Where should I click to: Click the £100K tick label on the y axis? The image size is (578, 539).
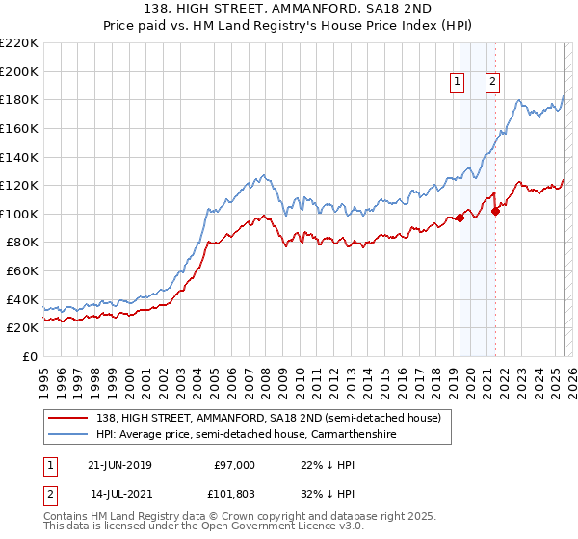(x=19, y=214)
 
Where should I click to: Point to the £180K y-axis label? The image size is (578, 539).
(x=19, y=99)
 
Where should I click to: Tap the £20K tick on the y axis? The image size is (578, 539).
(x=22, y=328)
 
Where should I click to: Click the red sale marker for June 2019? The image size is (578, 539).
(x=460, y=218)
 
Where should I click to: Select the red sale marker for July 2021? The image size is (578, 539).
(x=495, y=211)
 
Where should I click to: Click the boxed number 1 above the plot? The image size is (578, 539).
(x=456, y=82)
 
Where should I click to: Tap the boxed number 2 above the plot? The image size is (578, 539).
(x=492, y=82)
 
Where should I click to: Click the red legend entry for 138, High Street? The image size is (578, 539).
(x=269, y=418)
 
